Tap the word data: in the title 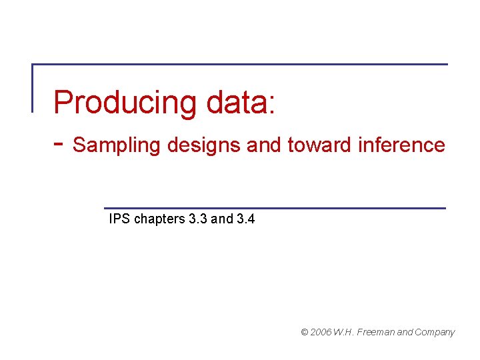[x=241, y=103]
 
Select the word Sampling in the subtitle [x=116, y=145]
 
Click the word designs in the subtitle [x=204, y=145]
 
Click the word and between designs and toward [x=265, y=145]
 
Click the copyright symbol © [x=305, y=332]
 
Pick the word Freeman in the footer [x=377, y=332]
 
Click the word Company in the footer [x=435, y=332]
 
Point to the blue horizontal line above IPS [x=275, y=208]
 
